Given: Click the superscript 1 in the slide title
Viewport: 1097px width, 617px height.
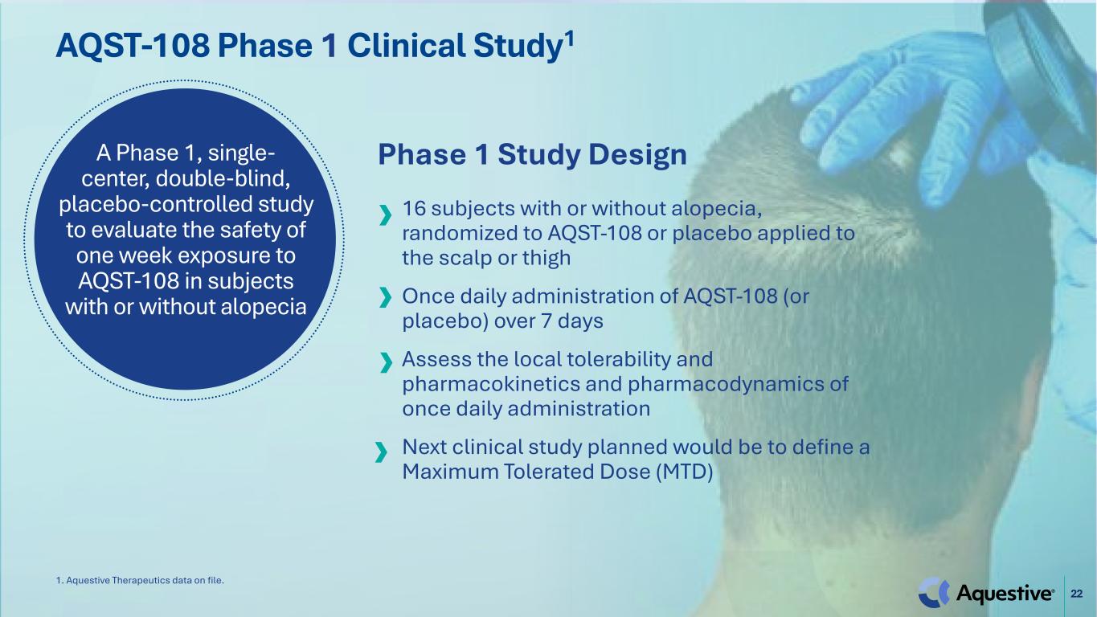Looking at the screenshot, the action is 569,39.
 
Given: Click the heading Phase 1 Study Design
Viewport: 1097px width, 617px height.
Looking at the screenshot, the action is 532,155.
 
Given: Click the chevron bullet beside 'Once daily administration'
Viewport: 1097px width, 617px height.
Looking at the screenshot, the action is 386,296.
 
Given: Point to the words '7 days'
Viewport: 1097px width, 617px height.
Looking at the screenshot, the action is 572,321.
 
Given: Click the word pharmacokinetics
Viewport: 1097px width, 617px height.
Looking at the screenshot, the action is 491,384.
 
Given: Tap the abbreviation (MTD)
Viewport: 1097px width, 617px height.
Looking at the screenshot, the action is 684,472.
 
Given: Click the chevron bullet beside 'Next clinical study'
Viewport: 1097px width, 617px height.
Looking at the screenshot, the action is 381,452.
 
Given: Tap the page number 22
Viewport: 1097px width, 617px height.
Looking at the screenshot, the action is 1077,594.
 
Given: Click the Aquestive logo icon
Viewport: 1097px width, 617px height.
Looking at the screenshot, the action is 933,592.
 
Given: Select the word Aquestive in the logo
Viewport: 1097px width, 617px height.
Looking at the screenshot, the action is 1004,594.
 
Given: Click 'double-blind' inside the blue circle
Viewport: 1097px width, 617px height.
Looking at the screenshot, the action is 223,178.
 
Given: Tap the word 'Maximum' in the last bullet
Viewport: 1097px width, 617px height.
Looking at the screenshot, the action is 450,472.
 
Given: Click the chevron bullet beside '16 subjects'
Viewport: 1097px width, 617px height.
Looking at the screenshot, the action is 386,215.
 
